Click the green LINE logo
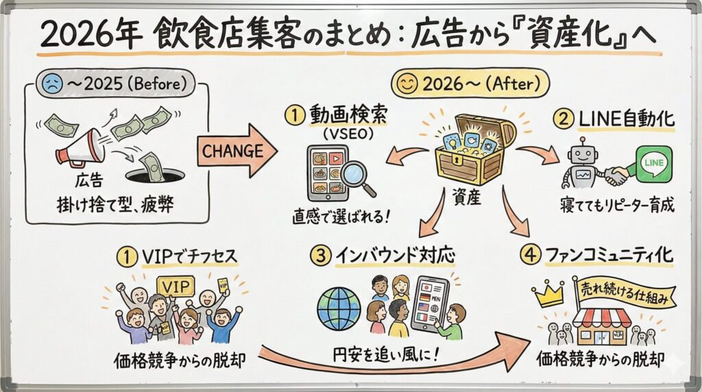click(x=653, y=164)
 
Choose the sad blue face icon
click(x=51, y=85)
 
